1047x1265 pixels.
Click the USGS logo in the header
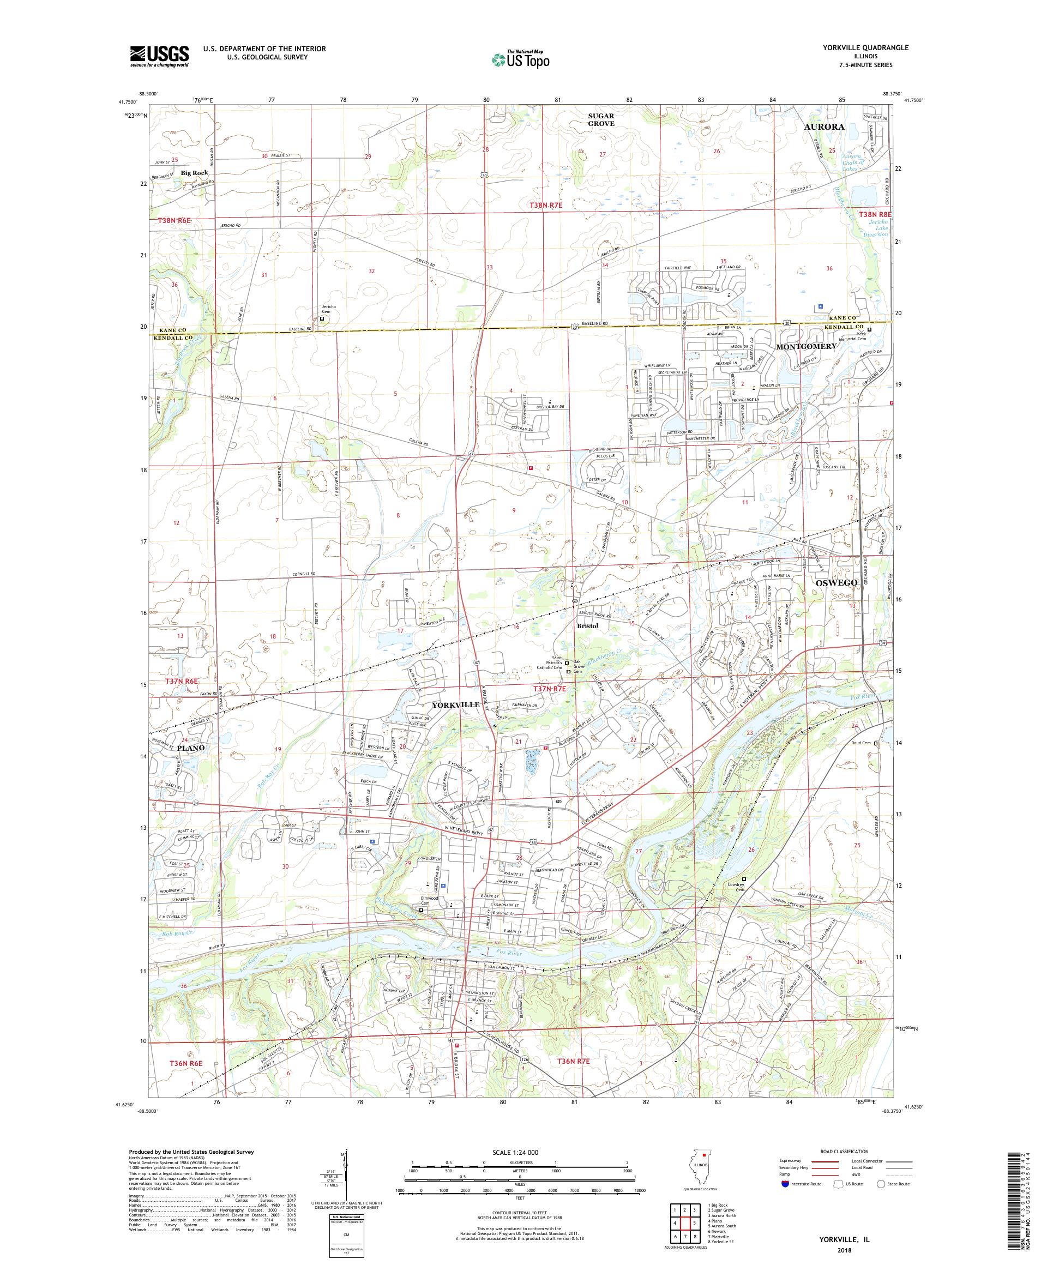point(160,56)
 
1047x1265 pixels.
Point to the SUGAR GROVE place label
point(601,119)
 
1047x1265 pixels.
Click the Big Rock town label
point(194,173)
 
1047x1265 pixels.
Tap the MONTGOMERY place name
point(806,346)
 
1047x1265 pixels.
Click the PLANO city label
point(191,748)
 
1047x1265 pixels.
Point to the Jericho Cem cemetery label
point(329,310)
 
